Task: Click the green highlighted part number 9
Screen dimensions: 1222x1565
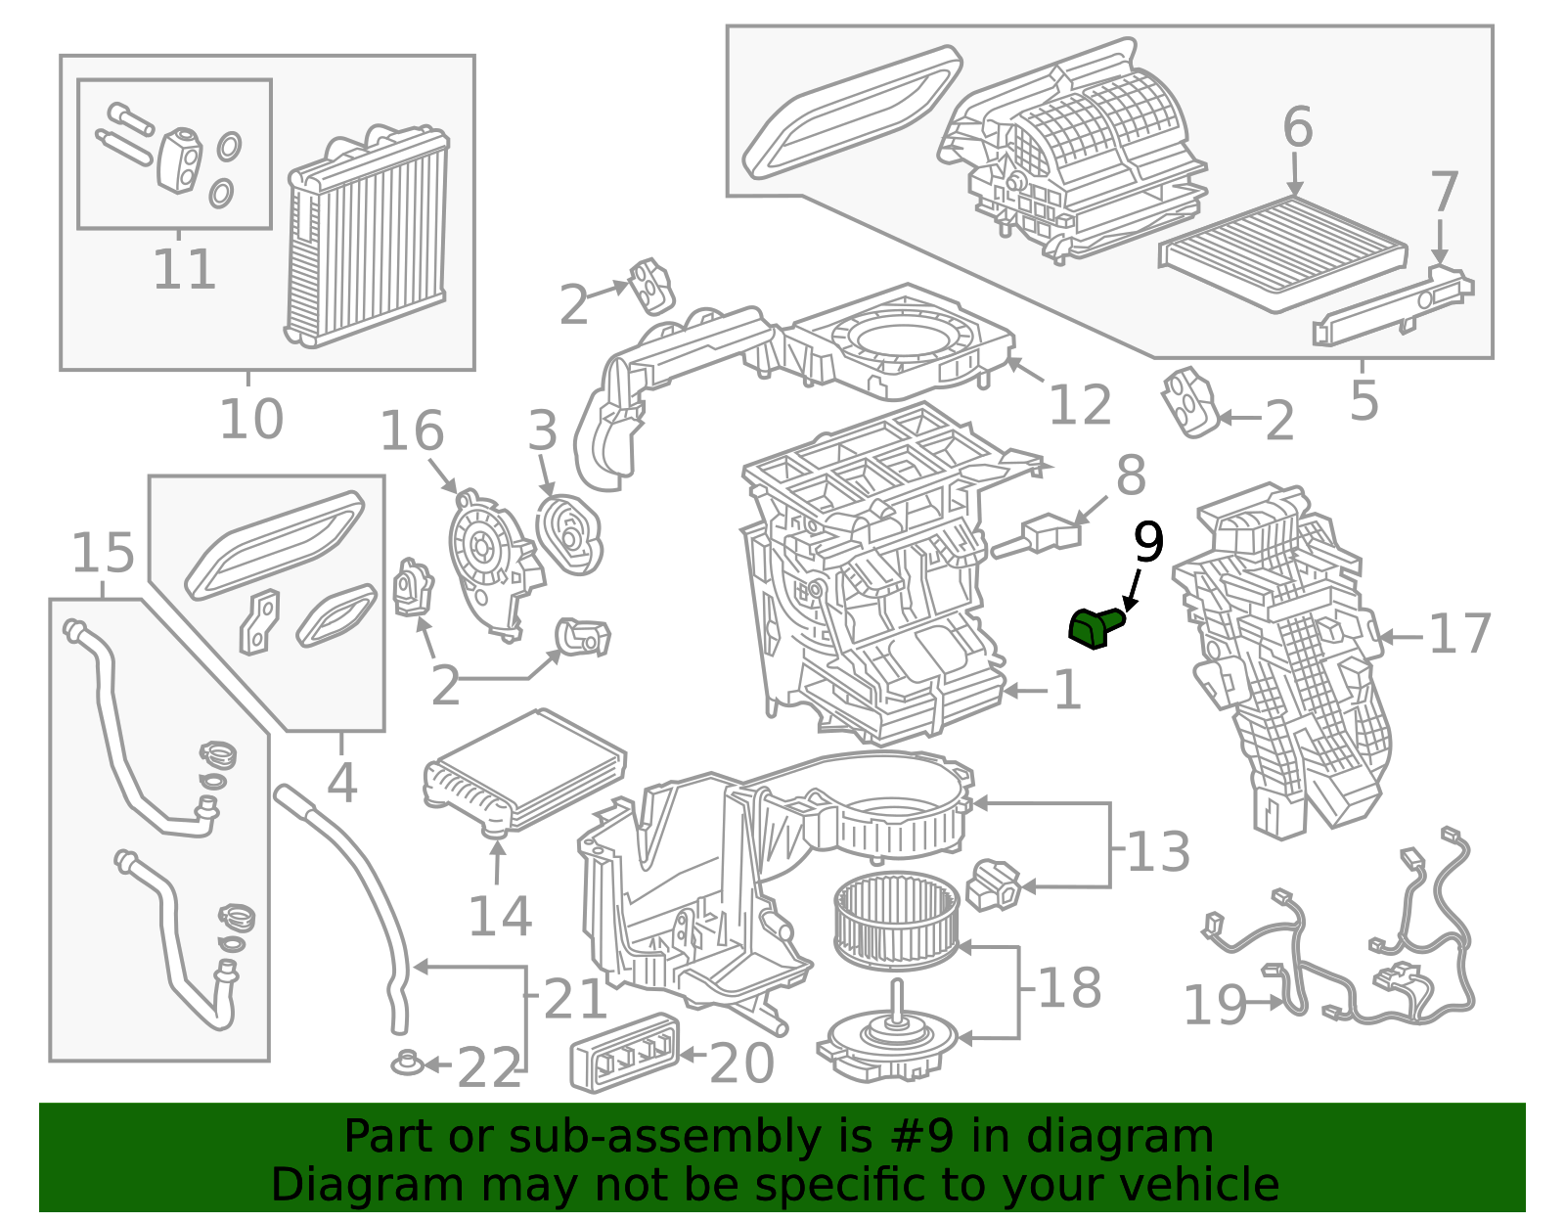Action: [1094, 627]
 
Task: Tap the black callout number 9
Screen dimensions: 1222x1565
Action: [1148, 543]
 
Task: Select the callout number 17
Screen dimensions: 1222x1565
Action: [1459, 635]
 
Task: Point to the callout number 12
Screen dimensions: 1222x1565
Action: [1080, 405]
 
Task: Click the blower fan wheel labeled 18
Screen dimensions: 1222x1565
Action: [897, 921]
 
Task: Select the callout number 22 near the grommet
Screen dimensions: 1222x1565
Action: [489, 1068]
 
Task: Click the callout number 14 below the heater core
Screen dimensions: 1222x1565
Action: [500, 917]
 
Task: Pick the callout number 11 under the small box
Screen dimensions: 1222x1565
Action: [184, 270]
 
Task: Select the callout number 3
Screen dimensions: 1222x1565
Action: [543, 431]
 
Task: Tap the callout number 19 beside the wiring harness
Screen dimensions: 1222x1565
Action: [1215, 1005]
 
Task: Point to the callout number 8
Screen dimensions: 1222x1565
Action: [1131, 477]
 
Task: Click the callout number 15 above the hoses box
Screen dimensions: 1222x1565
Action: [103, 554]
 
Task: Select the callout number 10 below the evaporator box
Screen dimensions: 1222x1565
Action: [251, 420]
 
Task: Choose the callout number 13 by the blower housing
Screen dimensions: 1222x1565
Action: [1158, 852]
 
